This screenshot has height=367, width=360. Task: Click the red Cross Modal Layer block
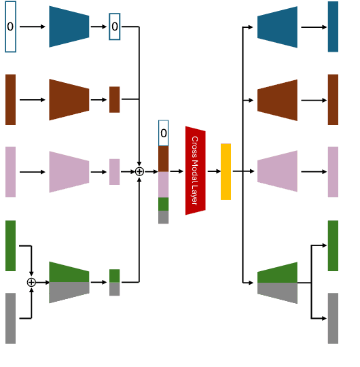click(196, 171)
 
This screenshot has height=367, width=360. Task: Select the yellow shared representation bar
click(226, 171)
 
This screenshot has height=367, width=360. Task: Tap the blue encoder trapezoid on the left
click(69, 27)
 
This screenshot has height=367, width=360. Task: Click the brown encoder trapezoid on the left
click(69, 99)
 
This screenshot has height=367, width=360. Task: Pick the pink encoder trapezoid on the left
click(69, 172)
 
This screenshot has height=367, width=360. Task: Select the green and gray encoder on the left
click(69, 282)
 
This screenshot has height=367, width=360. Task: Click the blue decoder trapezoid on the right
click(277, 27)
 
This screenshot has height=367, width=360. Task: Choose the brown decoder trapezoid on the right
click(277, 100)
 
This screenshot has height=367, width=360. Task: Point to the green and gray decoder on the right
click(277, 283)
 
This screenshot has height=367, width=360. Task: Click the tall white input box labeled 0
click(10, 27)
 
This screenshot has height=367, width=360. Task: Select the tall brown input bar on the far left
click(10, 99)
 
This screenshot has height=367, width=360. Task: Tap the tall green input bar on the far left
click(10, 245)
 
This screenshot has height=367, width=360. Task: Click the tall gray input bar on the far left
click(10, 318)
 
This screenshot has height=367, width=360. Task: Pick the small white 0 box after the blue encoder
click(114, 27)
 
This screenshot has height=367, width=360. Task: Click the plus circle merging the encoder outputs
click(139, 172)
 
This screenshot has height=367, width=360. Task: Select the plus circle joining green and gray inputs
click(31, 282)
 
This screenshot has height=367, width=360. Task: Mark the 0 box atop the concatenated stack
click(163, 133)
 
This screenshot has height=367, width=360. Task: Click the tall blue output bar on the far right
click(333, 27)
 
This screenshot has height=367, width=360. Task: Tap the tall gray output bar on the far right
click(333, 318)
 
